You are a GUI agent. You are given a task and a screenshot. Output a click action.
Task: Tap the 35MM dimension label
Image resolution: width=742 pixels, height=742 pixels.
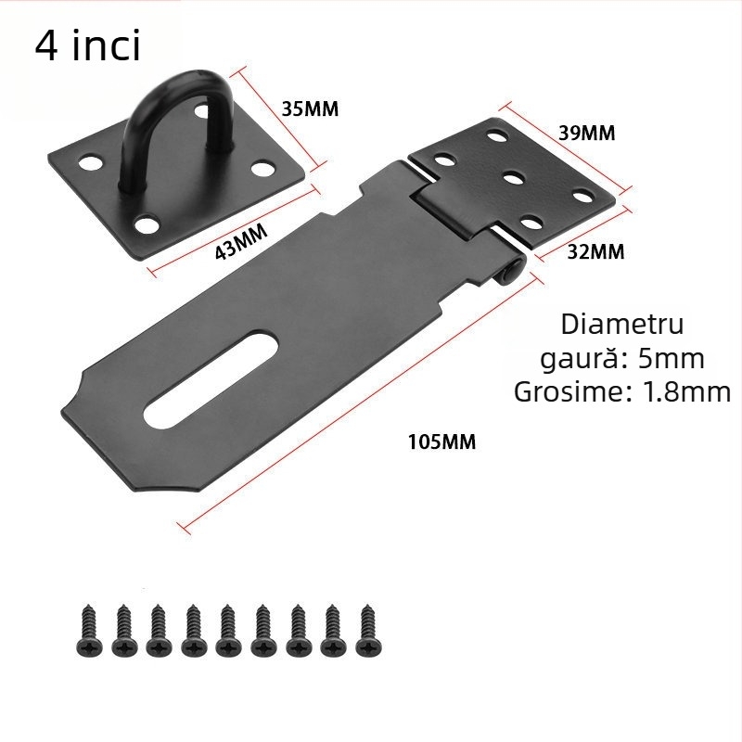tap(310, 109)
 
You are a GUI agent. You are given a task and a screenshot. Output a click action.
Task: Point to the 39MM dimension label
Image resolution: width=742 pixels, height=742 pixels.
tap(586, 133)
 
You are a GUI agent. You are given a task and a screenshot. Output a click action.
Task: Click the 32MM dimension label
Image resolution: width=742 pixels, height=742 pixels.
tap(595, 250)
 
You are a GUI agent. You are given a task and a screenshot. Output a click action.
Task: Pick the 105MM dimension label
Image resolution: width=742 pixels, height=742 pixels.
tap(441, 442)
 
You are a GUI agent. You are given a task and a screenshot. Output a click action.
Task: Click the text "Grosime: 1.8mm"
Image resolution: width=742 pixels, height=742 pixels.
tap(622, 391)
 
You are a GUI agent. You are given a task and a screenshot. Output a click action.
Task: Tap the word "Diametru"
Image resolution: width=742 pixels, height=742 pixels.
tap(622, 325)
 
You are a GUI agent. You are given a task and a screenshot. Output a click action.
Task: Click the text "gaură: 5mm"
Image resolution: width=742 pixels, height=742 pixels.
tap(622, 358)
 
